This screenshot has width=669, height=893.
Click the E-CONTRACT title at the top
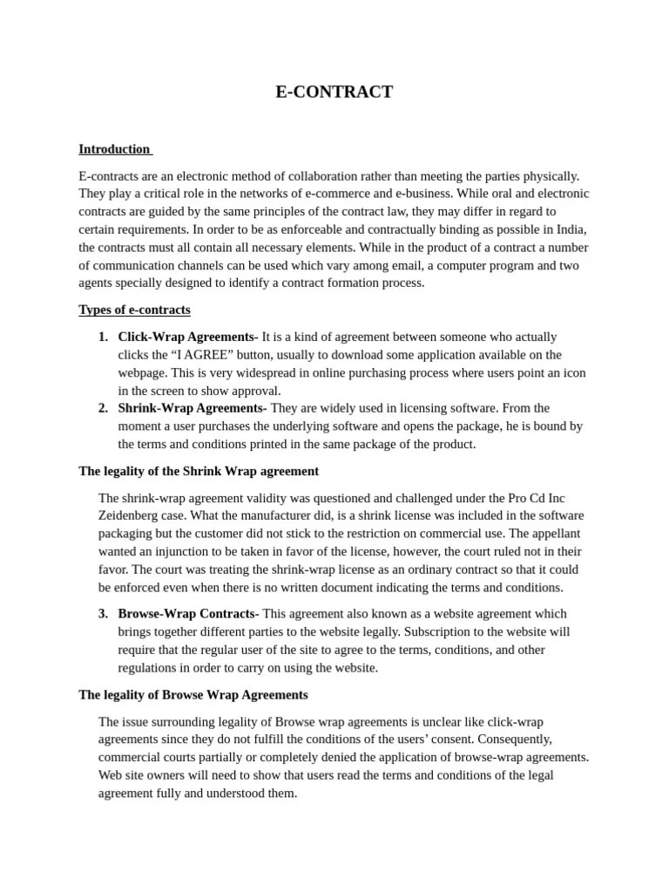[x=334, y=92]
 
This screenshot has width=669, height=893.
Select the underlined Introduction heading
[x=114, y=149]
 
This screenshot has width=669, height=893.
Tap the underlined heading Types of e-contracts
[x=134, y=310]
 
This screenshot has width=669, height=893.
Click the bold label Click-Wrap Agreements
[x=187, y=337]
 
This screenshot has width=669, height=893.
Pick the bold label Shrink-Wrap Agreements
[x=192, y=408]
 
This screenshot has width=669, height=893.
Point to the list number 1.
[x=103, y=337]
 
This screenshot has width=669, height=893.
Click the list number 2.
[x=103, y=408]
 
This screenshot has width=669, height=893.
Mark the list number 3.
[x=103, y=614]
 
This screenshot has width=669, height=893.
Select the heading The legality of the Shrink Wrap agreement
[x=199, y=471]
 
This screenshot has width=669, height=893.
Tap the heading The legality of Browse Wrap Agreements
[x=193, y=695]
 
